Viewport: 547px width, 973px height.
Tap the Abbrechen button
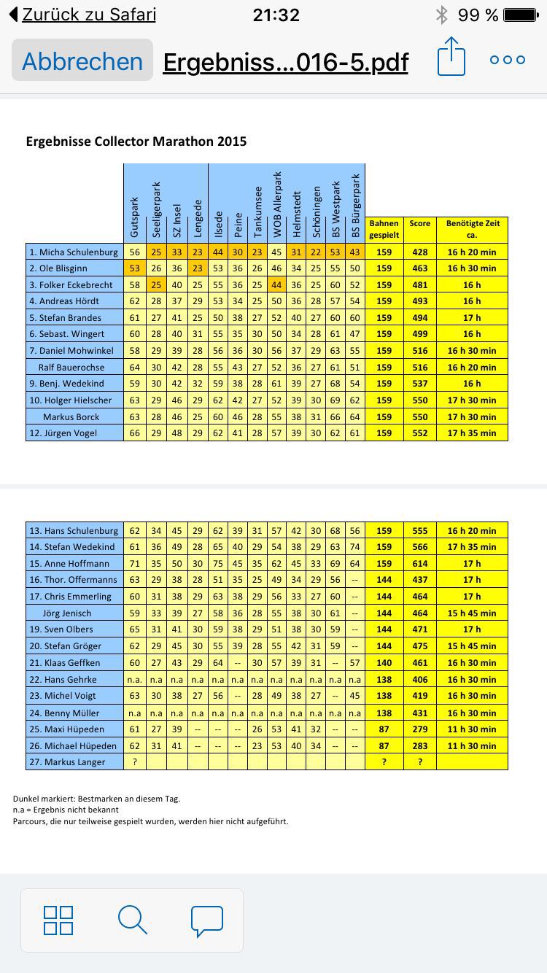click(82, 61)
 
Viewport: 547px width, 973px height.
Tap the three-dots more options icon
click(508, 60)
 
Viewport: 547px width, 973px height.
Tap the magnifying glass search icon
click(132, 920)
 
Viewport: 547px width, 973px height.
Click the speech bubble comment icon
click(206, 920)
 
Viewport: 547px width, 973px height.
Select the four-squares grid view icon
click(58, 920)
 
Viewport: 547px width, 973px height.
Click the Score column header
click(419, 224)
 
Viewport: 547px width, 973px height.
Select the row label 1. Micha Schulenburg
click(74, 252)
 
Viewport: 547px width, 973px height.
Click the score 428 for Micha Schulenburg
click(419, 252)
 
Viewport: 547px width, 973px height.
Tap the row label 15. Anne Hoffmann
click(74, 563)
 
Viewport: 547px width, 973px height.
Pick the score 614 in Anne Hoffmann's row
click(419, 563)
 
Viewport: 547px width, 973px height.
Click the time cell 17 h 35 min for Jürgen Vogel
click(472, 433)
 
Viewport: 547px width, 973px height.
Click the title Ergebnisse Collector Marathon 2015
click(136, 142)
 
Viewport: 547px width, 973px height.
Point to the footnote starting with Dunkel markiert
click(96, 799)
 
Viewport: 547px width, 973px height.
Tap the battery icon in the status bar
click(520, 15)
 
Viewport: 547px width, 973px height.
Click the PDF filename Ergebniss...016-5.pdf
click(285, 62)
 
